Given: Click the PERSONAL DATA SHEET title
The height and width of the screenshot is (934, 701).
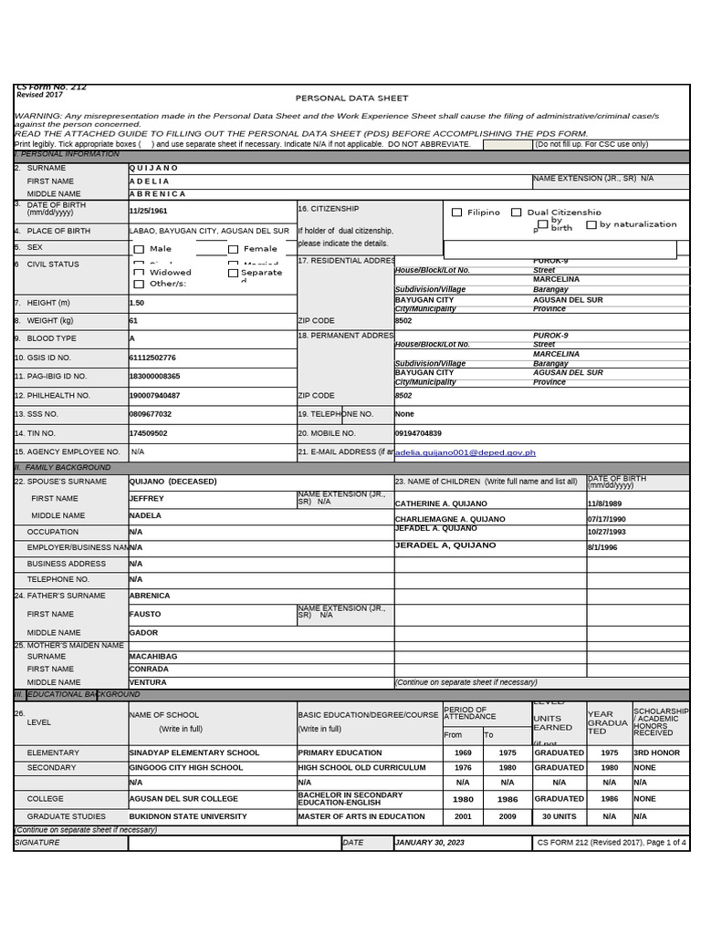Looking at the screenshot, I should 351,98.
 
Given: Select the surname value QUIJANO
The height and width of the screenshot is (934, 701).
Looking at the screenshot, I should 154,168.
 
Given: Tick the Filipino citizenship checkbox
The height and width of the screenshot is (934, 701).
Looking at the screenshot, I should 457,213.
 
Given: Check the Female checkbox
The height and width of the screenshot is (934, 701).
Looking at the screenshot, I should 233,249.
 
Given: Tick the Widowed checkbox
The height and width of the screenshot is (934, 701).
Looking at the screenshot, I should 139,272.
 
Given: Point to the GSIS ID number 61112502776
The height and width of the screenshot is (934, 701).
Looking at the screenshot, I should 153,358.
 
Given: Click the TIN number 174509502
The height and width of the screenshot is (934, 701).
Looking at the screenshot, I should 150,433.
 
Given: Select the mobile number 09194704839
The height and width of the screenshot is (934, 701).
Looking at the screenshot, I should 418,433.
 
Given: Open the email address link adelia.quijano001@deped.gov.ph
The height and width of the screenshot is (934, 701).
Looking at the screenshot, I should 466,452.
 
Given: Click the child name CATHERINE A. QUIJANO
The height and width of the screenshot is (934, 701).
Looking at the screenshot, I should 441,503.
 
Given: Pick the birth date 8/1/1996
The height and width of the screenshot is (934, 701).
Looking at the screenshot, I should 602,547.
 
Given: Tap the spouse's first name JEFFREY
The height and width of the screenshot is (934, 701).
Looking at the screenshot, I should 147,499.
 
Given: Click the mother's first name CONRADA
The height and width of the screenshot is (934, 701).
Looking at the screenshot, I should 149,669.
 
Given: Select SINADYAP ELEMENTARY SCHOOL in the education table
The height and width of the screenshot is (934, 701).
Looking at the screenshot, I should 194,752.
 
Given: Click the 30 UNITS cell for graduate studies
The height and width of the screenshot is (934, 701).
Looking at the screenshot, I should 560,816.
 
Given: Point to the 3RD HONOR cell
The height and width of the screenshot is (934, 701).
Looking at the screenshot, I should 656,752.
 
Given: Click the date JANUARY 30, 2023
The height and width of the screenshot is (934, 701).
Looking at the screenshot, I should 430,843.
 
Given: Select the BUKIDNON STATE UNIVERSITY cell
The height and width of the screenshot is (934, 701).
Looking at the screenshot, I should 188,816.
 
